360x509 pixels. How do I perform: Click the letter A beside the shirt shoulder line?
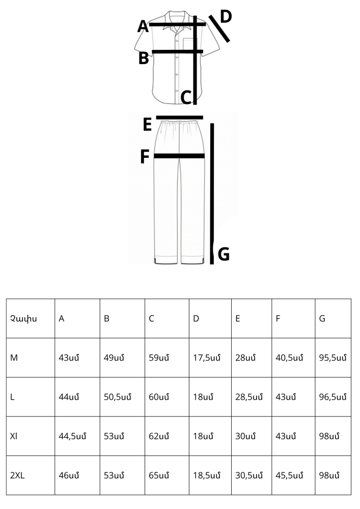coord(143,26)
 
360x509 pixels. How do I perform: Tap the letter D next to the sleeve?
coord(226,16)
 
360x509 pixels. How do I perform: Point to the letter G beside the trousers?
coord(224,254)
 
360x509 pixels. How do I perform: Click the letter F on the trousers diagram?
coord(145,156)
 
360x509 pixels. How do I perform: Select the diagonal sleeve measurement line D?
coord(219,29)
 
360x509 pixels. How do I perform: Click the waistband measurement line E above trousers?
coord(180,118)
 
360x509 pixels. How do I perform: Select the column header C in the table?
coord(151,319)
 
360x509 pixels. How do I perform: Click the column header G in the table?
coord(322,319)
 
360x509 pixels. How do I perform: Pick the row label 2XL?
coord(17,475)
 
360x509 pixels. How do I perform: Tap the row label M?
coord(14,358)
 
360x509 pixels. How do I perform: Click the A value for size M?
coord(69,358)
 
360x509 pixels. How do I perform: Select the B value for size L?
coord(118,397)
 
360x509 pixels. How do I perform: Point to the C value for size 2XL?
coord(159,475)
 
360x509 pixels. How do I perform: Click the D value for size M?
coord(207,358)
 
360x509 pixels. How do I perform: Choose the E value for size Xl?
coord(245,436)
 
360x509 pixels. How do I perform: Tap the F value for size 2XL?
coord(289,475)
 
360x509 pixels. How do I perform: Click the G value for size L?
coord(333,397)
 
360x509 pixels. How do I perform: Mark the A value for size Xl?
coord(72,436)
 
